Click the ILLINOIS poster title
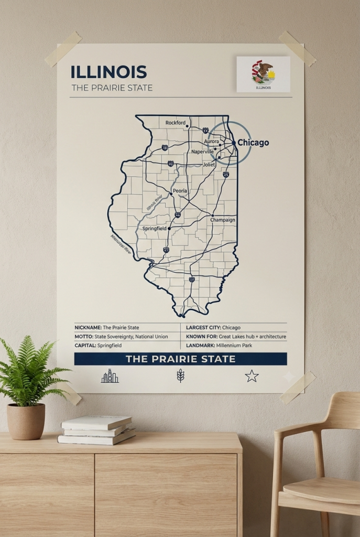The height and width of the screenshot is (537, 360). tap(108, 72)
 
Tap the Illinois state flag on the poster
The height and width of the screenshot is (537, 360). tap(263, 74)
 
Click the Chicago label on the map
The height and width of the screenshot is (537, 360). tap(253, 143)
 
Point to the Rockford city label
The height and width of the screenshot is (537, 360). tap(176, 123)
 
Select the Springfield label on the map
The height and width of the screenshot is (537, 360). tap(154, 229)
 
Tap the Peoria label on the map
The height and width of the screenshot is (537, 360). tap(180, 191)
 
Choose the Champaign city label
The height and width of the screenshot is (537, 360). tap(223, 220)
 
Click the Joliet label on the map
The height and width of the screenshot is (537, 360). tap(209, 164)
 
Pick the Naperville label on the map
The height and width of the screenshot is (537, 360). tap(202, 152)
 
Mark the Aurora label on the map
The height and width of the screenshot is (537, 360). tap(211, 142)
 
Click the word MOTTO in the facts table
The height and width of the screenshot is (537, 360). tap(84, 336)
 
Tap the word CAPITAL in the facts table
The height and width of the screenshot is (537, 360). tap(85, 346)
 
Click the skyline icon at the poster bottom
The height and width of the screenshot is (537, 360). tap(110, 375)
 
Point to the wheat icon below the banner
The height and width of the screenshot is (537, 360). tap(180, 375)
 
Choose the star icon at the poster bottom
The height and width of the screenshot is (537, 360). tap(252, 375)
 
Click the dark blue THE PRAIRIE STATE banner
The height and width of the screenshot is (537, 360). tap(180, 359)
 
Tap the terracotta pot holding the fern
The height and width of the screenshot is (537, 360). tap(26, 421)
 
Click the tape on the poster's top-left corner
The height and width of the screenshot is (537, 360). tap(63, 49)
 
